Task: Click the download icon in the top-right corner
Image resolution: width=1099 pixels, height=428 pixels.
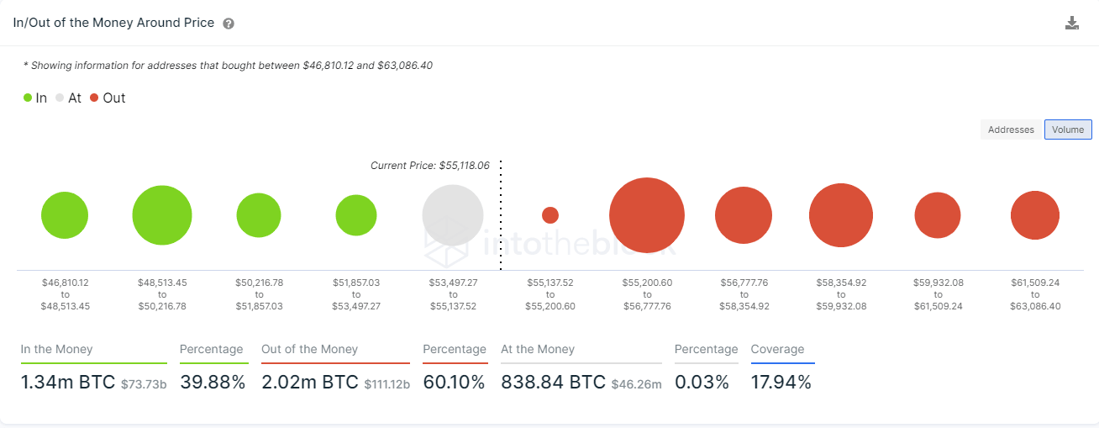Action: [x=1071, y=23]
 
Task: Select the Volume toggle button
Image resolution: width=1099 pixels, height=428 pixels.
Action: [x=1068, y=129]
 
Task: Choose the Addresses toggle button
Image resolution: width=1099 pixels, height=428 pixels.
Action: [x=1011, y=129]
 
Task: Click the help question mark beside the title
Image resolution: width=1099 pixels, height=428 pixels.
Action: [x=229, y=24]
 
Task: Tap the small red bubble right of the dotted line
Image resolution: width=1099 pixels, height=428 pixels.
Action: [x=550, y=215]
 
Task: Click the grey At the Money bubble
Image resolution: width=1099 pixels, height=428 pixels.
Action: [x=453, y=215]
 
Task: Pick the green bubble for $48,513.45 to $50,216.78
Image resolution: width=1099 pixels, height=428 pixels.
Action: [x=162, y=215]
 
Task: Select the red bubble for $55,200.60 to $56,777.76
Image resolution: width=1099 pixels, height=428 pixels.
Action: [x=647, y=215]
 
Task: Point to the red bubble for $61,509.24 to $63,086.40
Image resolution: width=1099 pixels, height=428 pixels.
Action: [x=1035, y=215]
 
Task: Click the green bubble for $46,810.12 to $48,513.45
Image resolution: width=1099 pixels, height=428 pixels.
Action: [x=65, y=215]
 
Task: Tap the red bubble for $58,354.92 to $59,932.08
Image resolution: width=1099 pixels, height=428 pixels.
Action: [x=841, y=215]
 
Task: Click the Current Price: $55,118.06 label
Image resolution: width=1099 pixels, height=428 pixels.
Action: [x=429, y=166]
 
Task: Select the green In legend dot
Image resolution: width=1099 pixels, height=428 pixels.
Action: [x=28, y=98]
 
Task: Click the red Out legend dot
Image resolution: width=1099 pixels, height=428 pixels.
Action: [x=94, y=98]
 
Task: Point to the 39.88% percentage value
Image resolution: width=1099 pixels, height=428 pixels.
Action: [x=213, y=383]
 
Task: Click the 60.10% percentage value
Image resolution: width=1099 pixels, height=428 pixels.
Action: [x=454, y=383]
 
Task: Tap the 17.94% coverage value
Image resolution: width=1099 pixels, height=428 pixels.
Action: [x=781, y=383]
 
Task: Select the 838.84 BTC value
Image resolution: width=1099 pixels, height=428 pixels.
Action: [x=553, y=383]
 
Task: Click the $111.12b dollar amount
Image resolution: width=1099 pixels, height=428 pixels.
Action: [x=387, y=384]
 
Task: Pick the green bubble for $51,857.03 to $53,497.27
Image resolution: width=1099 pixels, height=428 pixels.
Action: [x=356, y=215]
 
